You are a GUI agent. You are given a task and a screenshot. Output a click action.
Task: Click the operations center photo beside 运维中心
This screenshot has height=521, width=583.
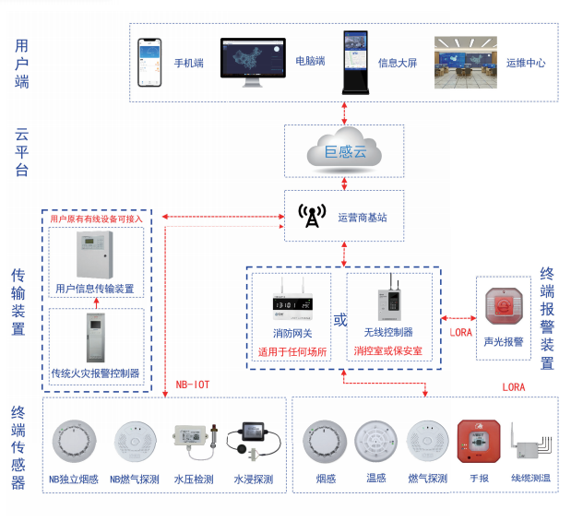pos(466,62)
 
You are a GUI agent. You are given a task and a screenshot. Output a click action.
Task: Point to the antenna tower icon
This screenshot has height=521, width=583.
pos(312,217)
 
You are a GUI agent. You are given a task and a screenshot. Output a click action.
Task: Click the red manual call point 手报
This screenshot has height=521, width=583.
pos(477,444)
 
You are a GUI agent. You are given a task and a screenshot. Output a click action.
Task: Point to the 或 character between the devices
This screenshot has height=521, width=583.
pos(339,321)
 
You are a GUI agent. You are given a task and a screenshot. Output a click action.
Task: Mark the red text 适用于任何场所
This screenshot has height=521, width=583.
pos(291,350)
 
